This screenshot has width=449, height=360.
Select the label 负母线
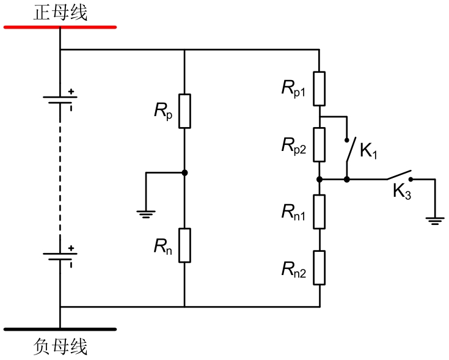(x=60, y=347)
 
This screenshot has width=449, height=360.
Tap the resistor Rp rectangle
(x=184, y=111)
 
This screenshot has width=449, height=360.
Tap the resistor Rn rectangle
(x=184, y=245)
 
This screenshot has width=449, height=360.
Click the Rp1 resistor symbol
(x=319, y=88)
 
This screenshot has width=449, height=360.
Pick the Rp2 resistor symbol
(x=319, y=144)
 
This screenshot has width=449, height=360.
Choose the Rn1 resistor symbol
(x=319, y=211)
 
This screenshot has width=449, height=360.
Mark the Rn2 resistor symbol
(x=319, y=267)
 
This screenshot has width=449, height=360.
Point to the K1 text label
(x=368, y=150)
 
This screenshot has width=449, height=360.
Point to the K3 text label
(x=401, y=193)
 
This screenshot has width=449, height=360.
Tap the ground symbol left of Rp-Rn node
(x=146, y=213)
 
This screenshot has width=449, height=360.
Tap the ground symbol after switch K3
(x=434, y=221)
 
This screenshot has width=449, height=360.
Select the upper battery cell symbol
(x=60, y=100)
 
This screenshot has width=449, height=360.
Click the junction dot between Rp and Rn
(x=184, y=173)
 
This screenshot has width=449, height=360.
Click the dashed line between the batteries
(x=60, y=177)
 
